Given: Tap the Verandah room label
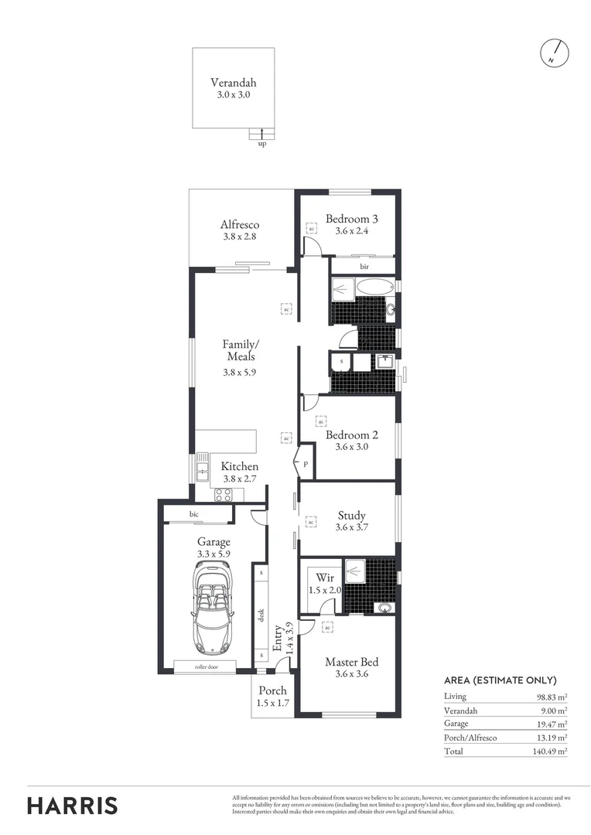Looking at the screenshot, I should (233, 83).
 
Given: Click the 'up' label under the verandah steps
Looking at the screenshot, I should (261, 143).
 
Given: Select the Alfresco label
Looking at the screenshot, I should (240, 225).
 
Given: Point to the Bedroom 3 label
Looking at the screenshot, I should (351, 219).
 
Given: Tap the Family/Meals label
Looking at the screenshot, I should (241, 350).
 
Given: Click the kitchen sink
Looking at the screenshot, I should (203, 468).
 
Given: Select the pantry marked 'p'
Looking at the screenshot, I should (306, 465).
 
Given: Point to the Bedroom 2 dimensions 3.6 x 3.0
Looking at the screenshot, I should (351, 446).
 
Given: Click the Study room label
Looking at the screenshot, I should (351, 516).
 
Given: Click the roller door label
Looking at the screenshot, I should (207, 666).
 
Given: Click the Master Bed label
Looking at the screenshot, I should (351, 662).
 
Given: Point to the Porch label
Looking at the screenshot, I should (272, 690).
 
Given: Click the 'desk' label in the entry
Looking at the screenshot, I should (261, 615).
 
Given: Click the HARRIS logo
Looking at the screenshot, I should (73, 805).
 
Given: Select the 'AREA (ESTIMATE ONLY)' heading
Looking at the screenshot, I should (500, 680).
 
